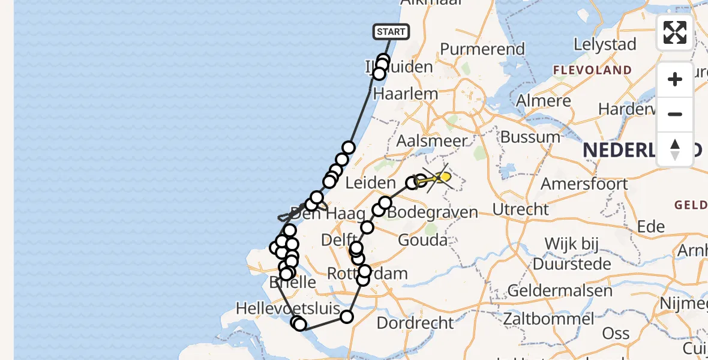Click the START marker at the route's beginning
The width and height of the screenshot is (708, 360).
point(391,32)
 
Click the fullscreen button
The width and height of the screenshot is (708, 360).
point(675,32)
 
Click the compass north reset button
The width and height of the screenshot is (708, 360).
point(675,149)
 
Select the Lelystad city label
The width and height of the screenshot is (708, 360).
point(604,44)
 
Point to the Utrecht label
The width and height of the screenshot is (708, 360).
point(520,209)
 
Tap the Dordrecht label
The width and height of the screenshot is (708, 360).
point(415,323)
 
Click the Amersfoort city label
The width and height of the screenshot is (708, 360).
point(584,183)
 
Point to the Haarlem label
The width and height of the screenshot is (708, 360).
point(397,94)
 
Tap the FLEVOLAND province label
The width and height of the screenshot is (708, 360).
point(592,70)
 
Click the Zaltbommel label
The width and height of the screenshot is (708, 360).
point(548,319)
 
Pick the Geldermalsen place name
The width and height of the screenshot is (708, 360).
point(559,291)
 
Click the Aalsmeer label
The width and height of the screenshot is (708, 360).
point(431,141)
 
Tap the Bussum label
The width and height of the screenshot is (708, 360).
point(530,137)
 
